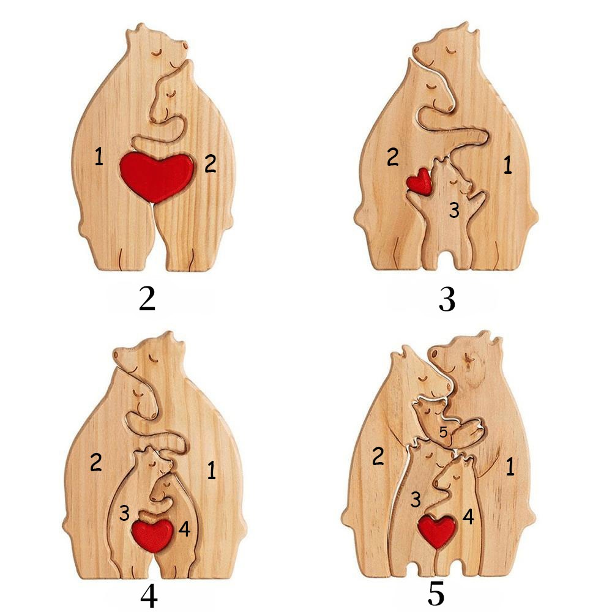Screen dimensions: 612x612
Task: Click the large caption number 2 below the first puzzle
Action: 147,299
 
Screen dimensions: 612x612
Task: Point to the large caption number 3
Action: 447,300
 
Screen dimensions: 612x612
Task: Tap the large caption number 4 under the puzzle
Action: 149,596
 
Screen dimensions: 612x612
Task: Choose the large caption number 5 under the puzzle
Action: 436,594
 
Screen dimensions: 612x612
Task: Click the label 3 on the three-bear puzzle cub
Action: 454,210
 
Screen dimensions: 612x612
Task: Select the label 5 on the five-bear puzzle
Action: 443,433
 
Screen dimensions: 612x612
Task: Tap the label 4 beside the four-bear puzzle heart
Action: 184,529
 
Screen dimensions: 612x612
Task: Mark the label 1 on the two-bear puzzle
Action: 99,157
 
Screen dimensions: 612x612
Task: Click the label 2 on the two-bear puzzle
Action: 211,163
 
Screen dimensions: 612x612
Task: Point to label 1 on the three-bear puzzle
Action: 507,165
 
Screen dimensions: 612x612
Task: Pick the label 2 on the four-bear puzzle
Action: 96,462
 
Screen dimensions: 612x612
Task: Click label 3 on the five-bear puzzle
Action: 416,499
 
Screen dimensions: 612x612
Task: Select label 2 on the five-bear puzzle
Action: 378,457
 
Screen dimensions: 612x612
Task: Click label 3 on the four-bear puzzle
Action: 124,513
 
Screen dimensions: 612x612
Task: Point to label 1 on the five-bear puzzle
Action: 510,466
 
